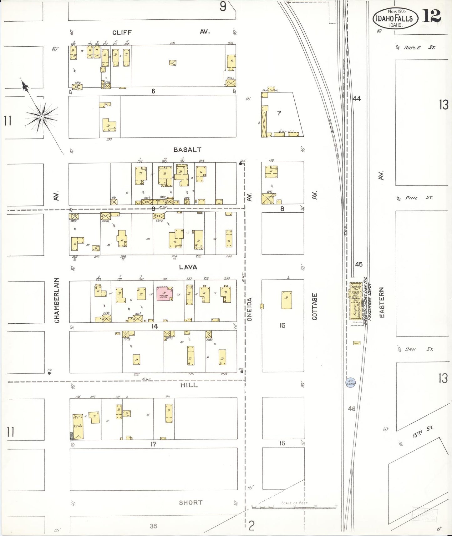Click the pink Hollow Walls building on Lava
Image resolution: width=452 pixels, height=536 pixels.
coord(165,293)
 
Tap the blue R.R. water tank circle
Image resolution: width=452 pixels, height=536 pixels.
coord(350,382)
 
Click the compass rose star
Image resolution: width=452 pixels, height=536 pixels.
coord(41,117)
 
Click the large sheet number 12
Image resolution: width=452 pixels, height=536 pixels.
coord(431,16)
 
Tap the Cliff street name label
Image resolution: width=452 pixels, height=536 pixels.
coord(122,33)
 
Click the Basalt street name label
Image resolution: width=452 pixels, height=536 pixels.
coord(187,150)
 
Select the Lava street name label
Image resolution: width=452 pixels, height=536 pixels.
coord(188,267)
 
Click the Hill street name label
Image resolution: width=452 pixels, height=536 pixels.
coord(189,385)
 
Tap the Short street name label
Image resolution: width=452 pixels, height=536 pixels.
coord(190,503)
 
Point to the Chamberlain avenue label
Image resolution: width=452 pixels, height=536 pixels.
coord(57,300)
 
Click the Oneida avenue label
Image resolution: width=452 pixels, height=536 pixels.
coord(249,309)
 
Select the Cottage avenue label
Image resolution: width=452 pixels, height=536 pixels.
coord(314,306)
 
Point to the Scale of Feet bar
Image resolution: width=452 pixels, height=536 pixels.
coord(294,508)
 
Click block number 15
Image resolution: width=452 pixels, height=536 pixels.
coord(282,326)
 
